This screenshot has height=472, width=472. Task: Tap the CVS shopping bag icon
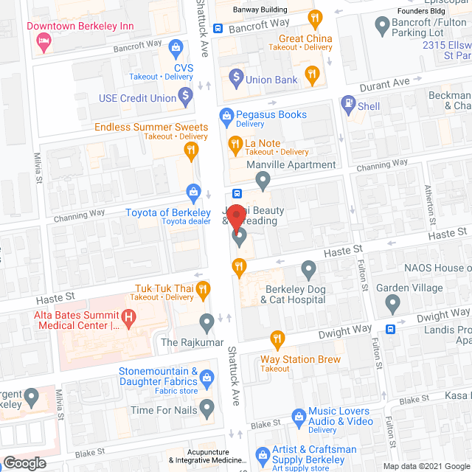point(176,50)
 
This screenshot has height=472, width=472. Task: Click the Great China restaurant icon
point(315,17)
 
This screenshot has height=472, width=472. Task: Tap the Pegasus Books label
point(271,114)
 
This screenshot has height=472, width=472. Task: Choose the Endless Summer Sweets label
point(151,127)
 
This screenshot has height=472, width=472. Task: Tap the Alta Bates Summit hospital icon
point(130,319)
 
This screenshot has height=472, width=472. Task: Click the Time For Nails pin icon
point(207,407)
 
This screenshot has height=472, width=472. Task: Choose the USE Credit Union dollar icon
point(185,95)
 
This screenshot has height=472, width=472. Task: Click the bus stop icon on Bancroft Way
point(218,29)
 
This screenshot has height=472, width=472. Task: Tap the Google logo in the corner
point(24,462)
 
